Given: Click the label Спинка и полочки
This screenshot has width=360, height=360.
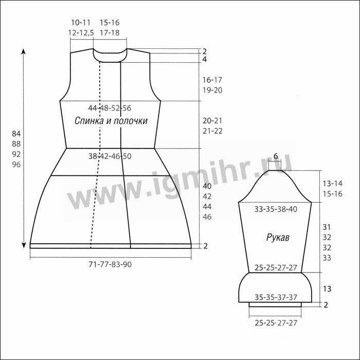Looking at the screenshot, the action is [x=111, y=121].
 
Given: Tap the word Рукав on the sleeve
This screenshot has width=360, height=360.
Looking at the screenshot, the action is [x=278, y=238].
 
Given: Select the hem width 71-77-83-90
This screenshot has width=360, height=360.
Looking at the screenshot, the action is [x=110, y=264].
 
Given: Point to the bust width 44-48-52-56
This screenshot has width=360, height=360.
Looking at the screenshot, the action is [x=110, y=108].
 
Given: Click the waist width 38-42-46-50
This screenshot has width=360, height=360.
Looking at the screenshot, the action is [x=110, y=156].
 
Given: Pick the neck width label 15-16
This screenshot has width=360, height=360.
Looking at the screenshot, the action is [x=110, y=23].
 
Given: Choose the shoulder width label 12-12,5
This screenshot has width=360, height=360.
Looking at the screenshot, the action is [x=81, y=32].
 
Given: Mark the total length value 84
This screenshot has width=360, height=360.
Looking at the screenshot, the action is [x=16, y=134].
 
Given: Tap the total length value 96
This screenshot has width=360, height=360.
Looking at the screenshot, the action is [x=16, y=165].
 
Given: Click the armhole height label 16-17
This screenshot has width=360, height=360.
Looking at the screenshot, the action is [x=212, y=80].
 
